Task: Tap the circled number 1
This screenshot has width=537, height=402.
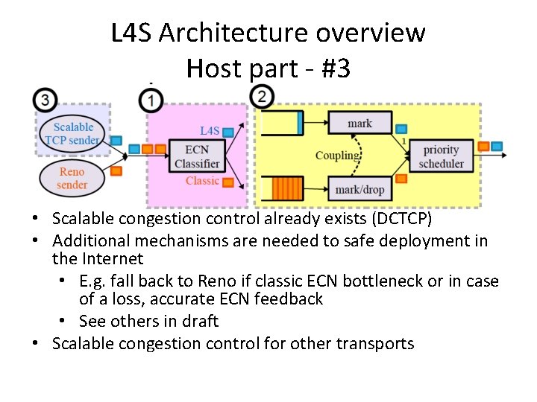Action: coord(151,98)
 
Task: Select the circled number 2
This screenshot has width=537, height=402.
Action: coord(262,96)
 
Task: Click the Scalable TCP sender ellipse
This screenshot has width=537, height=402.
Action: coord(72,133)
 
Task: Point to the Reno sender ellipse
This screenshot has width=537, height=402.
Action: coord(72,178)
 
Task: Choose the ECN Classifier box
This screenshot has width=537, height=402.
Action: coord(197,156)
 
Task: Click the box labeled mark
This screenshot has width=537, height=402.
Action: coord(359,124)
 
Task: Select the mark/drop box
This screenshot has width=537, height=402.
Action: coord(359,190)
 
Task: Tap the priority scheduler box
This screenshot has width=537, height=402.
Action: coord(442,157)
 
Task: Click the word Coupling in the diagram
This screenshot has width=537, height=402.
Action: coord(337,155)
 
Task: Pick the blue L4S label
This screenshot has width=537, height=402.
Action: coord(210,131)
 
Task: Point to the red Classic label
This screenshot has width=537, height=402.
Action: coord(202,181)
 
